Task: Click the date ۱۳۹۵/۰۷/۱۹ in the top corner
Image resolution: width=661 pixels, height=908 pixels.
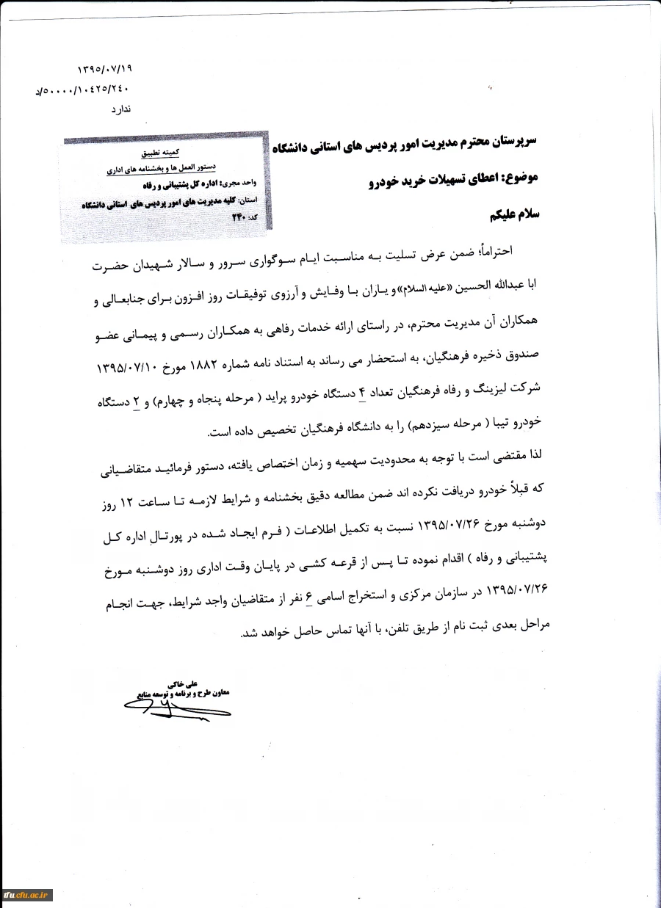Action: tap(104, 70)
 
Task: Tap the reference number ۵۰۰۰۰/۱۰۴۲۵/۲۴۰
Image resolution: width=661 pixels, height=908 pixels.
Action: tap(83, 90)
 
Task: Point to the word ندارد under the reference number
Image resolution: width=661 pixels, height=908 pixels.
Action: tap(120, 109)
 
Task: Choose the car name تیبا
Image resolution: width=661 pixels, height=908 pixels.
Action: tap(517, 422)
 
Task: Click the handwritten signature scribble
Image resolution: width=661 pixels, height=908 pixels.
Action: tap(165, 706)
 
